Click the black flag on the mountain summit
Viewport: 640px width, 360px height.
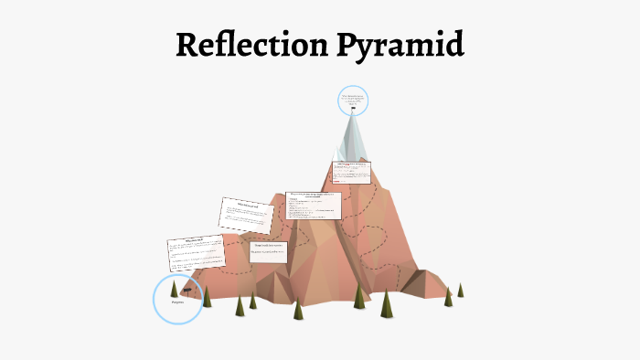tap(353, 110)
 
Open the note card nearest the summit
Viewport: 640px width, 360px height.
tap(352, 173)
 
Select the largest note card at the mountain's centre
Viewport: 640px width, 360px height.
tap(314, 207)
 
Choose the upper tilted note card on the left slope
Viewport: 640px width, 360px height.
tap(246, 213)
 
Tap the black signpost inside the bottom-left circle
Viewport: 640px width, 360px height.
tap(186, 289)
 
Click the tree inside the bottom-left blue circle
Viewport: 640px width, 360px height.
tap(174, 289)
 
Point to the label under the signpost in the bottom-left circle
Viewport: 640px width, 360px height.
tap(178, 302)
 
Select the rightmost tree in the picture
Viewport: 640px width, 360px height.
tap(461, 291)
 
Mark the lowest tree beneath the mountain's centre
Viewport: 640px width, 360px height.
tap(298, 310)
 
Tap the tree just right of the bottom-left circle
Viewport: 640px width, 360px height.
tap(208, 297)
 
